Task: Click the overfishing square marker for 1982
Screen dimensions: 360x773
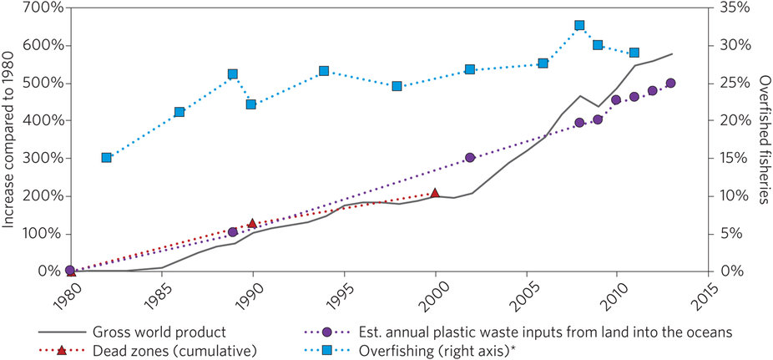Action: (x=107, y=157)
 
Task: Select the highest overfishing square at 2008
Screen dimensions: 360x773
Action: (x=579, y=25)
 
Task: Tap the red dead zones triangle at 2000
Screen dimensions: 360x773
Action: (x=435, y=193)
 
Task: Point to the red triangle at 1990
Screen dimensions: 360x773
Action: (x=252, y=223)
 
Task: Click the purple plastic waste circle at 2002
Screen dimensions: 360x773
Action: (x=470, y=157)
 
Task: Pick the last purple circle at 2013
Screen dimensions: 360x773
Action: (x=670, y=83)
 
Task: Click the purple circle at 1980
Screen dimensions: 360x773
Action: (x=70, y=271)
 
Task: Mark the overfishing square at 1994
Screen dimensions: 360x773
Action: (x=324, y=71)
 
